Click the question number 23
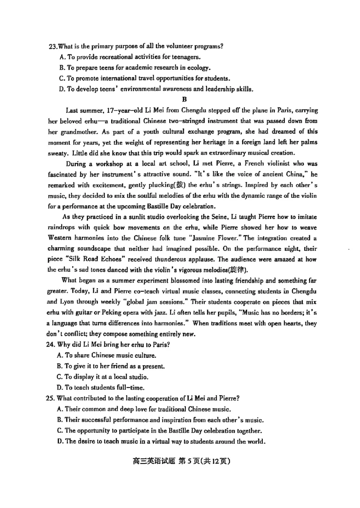point(52,47)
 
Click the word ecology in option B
point(199,68)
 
